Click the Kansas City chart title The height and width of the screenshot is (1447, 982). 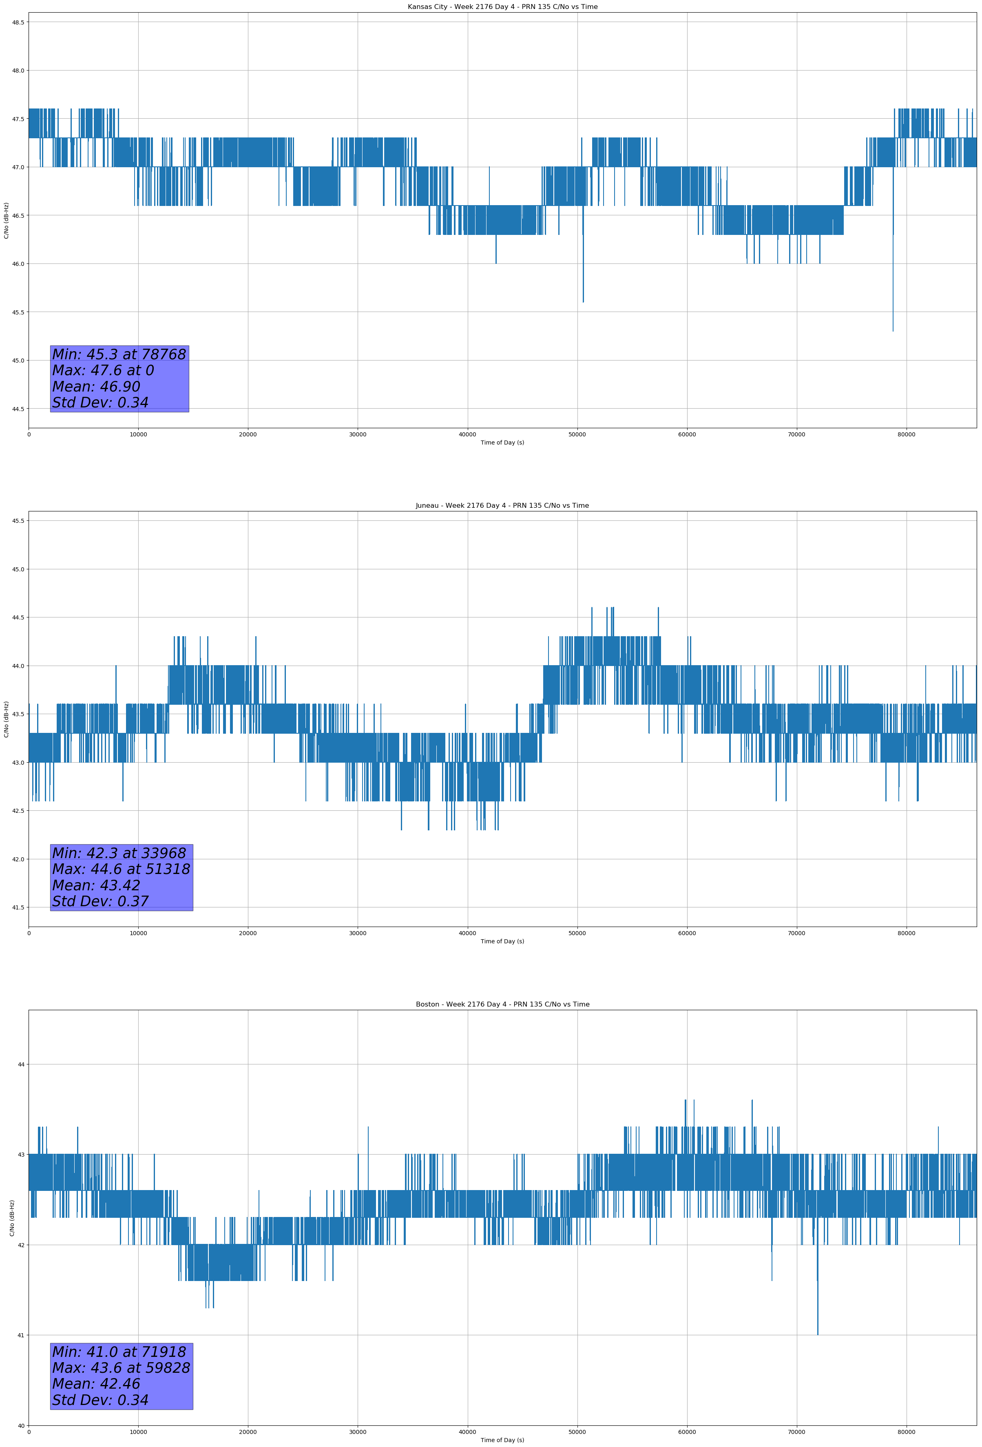coord(502,7)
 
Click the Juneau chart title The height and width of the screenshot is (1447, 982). coord(502,506)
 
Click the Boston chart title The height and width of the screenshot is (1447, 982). coord(502,1004)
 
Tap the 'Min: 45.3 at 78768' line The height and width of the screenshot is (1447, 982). coord(119,354)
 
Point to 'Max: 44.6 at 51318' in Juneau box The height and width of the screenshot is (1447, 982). coord(121,869)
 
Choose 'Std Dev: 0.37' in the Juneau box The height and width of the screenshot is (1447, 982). coord(100,902)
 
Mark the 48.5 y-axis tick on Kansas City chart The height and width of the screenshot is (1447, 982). coord(18,22)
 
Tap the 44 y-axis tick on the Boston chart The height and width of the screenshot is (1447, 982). coord(21,1065)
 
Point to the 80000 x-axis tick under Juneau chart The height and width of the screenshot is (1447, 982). coord(906,933)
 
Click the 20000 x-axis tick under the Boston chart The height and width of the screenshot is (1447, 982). coord(248,1432)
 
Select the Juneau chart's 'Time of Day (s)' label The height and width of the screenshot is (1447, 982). coord(502,941)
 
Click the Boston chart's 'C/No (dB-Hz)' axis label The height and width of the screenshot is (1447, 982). coord(12,1218)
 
